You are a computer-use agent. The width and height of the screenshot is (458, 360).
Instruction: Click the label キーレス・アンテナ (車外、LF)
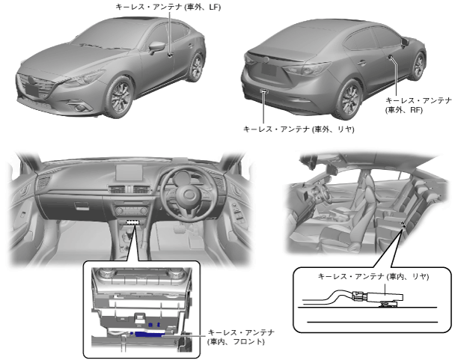[x=168, y=7]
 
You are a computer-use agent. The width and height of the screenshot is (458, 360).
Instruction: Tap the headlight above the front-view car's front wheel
[x=88, y=76]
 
